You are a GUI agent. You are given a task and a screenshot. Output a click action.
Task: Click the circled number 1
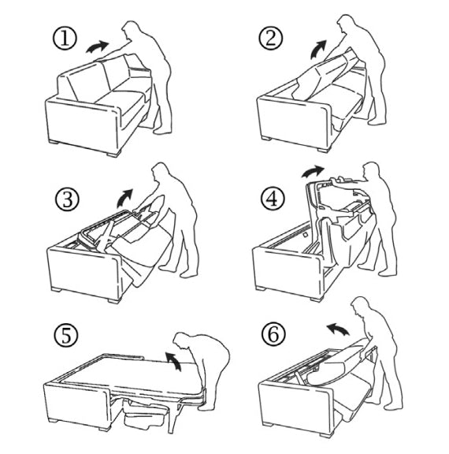tap(65, 39)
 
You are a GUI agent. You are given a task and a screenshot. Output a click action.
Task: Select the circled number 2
tap(270, 38)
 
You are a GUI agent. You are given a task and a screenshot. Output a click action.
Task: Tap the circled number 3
tap(67, 199)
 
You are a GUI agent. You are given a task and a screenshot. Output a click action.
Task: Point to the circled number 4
tap(273, 199)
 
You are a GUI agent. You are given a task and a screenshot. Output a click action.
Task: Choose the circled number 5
tap(66, 336)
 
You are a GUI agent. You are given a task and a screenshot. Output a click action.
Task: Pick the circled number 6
tap(273, 334)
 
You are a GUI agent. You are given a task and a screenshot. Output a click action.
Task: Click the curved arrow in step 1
tap(97, 47)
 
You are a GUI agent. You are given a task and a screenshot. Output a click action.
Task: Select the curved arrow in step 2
tap(318, 49)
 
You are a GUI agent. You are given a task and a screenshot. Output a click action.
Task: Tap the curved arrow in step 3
tap(124, 199)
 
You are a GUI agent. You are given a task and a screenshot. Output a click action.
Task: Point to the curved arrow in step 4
tap(313, 172)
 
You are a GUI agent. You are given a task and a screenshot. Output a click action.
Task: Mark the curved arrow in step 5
tap(174, 361)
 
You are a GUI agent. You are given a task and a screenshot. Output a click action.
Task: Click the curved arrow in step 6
tap(337, 329)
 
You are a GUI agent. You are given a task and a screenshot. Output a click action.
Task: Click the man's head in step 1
tap(131, 29)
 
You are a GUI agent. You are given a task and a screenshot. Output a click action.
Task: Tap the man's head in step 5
tap(184, 341)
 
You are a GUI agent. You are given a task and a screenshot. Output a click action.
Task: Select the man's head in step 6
tap(361, 307)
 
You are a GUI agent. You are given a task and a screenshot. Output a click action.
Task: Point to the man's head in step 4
tap(371, 171)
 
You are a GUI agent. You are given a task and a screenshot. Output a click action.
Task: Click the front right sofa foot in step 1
tap(113, 154)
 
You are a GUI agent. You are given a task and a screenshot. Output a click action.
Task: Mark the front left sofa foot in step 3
tap(56, 289)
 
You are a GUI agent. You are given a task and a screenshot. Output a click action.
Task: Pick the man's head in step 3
tap(160, 172)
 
